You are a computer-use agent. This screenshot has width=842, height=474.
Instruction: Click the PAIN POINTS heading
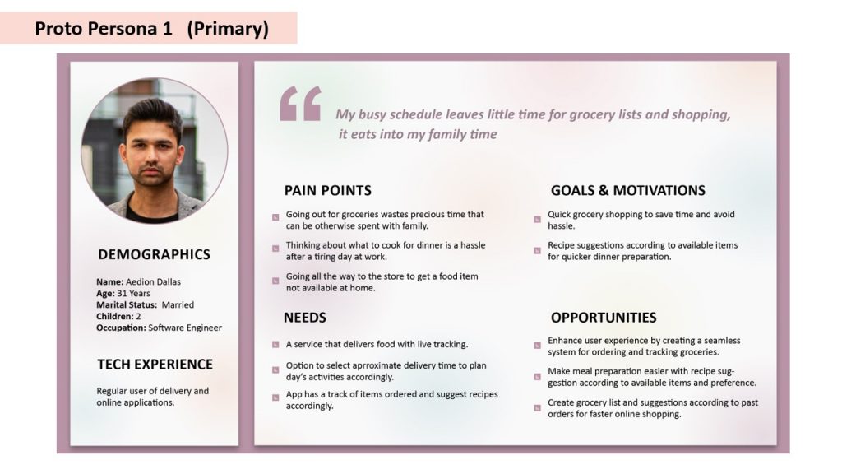(327, 190)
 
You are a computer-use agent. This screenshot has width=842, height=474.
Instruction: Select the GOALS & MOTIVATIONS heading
(627, 190)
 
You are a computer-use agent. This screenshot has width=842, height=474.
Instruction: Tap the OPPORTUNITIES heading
(604, 317)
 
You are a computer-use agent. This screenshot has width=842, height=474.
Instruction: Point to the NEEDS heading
(305, 317)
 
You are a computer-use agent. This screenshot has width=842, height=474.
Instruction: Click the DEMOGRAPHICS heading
(154, 254)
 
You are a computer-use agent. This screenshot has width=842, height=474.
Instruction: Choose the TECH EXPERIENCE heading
(155, 364)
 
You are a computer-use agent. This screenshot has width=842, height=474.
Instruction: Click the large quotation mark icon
(300, 105)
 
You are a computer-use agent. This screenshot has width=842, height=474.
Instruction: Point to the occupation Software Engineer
(185, 328)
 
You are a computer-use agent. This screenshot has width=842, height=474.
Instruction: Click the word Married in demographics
(178, 304)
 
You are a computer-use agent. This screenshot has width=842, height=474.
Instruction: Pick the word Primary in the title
(228, 29)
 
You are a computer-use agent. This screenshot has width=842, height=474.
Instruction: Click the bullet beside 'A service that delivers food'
(275, 345)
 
